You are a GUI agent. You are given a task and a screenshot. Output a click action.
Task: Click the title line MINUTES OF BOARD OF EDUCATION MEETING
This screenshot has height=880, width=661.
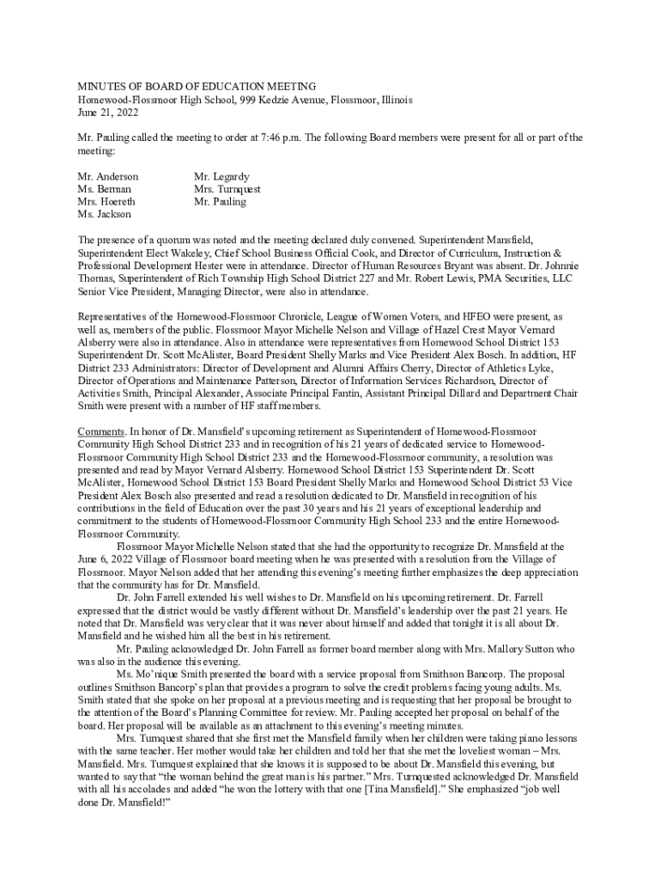click(x=197, y=87)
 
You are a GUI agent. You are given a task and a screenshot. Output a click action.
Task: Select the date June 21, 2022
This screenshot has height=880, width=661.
click(x=107, y=113)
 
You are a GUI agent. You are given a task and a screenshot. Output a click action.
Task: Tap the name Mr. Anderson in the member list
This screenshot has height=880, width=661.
click(x=107, y=176)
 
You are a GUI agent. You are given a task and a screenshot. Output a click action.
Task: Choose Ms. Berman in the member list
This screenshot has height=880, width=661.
click(x=104, y=189)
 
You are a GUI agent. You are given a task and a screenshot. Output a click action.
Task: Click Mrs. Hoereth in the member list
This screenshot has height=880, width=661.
click(x=106, y=202)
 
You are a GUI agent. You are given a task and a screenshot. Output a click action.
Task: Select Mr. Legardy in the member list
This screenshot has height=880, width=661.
click(x=220, y=176)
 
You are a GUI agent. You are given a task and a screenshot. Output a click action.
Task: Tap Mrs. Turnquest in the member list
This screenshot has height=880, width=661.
click(x=227, y=189)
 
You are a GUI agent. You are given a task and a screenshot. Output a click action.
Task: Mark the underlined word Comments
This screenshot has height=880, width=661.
click(x=101, y=431)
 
